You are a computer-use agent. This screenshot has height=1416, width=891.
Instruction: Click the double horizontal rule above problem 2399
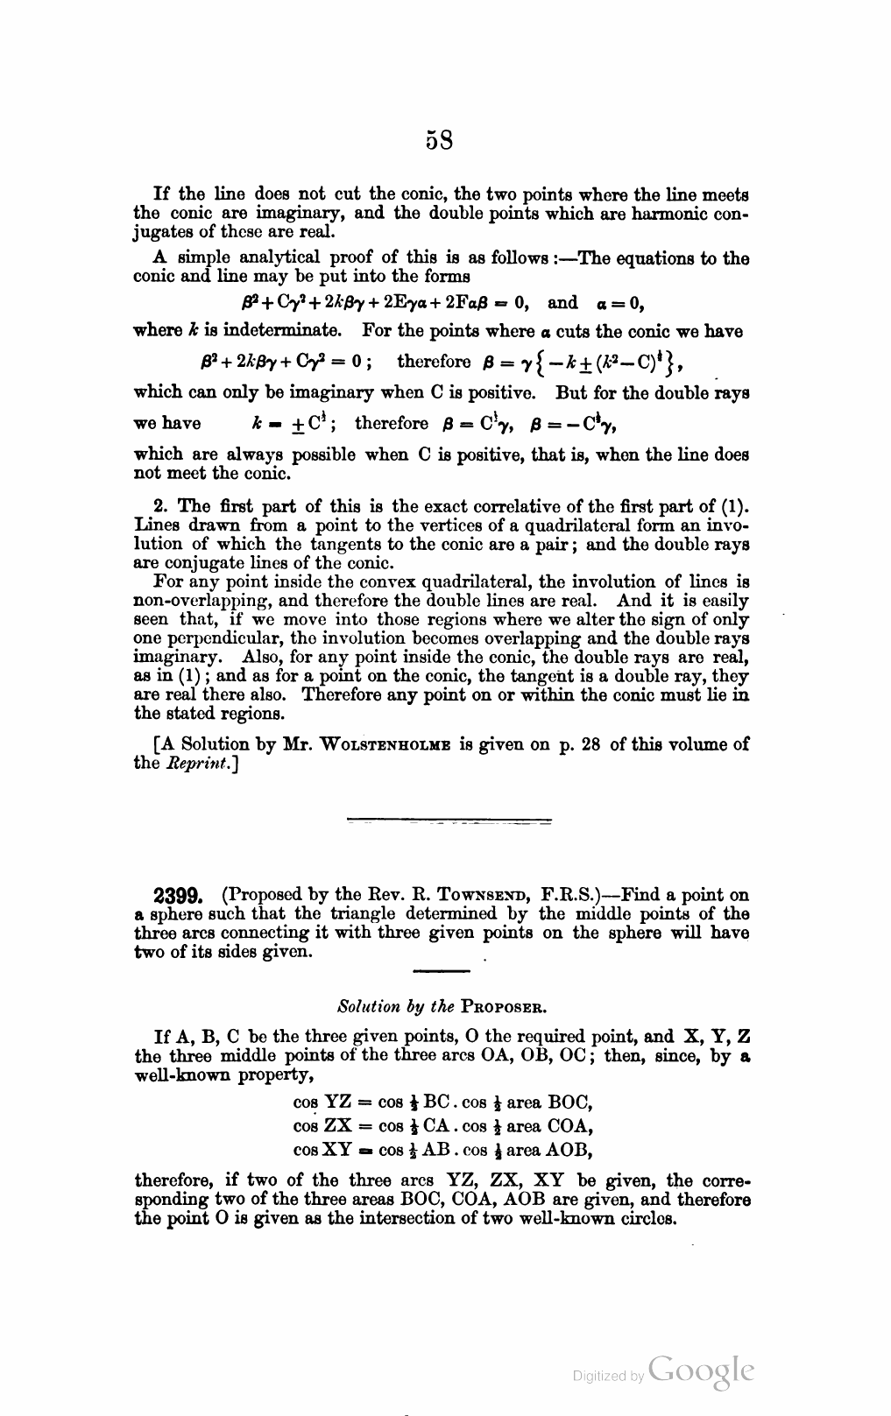(449, 821)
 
